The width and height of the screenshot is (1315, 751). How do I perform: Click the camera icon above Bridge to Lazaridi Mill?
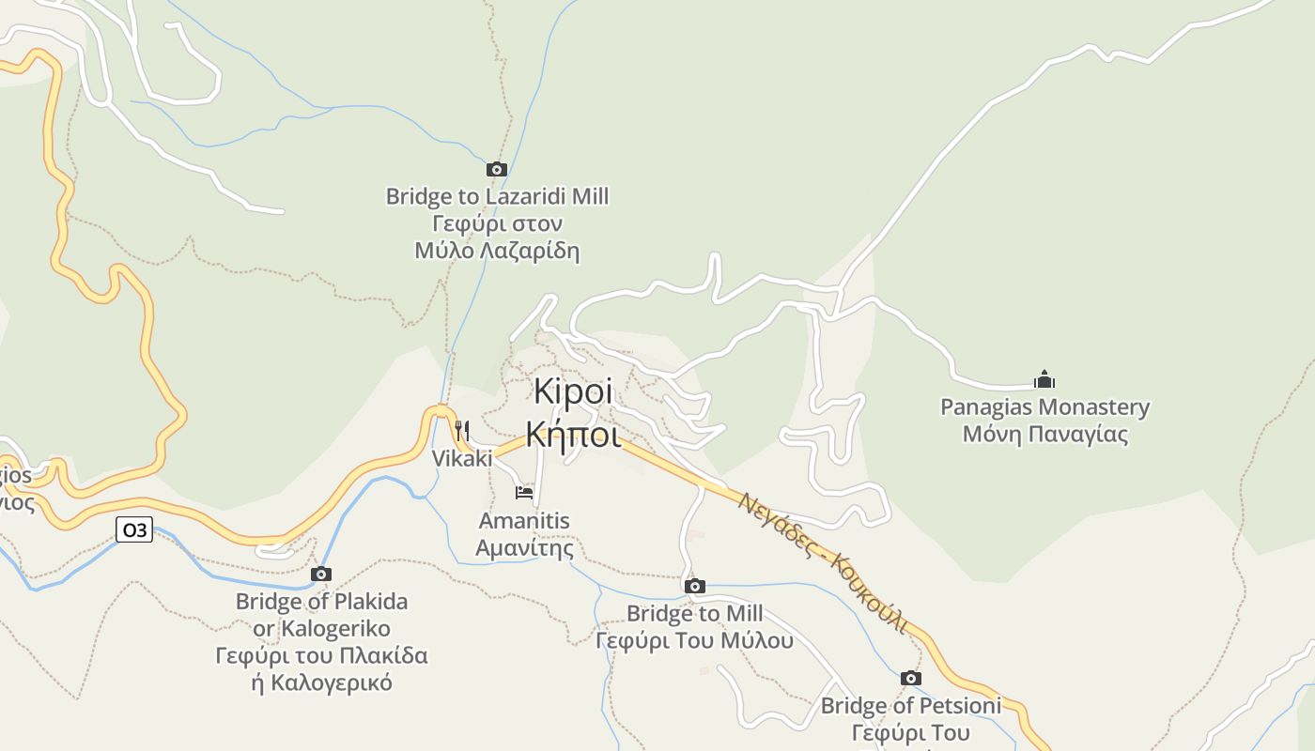point(497,170)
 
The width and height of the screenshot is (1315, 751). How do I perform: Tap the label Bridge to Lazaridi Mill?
point(497,197)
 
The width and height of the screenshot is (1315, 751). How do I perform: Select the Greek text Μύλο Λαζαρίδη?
point(497,251)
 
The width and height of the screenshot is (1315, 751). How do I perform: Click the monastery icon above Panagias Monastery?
point(1044,379)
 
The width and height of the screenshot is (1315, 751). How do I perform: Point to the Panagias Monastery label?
point(1044,407)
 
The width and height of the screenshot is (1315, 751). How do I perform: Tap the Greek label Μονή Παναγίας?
point(1044,435)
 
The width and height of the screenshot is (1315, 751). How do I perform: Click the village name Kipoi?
point(573,392)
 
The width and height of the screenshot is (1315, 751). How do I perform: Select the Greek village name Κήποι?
point(573,435)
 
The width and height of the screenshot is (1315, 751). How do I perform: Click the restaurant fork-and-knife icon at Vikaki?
point(461,431)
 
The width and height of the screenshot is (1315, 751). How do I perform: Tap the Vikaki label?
point(461,458)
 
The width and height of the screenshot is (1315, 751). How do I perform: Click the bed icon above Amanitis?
point(524,492)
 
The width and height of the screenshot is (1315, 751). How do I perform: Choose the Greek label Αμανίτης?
point(524,547)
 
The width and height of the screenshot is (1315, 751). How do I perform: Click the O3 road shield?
point(134,529)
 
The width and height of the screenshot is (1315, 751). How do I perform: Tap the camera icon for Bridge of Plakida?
point(321,574)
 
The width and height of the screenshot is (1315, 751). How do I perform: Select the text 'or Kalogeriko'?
point(321,628)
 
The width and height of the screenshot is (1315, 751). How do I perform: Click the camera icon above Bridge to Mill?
point(695,587)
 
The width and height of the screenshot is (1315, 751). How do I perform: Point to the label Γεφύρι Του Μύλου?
point(695,641)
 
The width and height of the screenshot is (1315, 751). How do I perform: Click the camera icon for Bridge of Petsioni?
point(910,678)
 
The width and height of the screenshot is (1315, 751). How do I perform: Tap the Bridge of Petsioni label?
point(910,705)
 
